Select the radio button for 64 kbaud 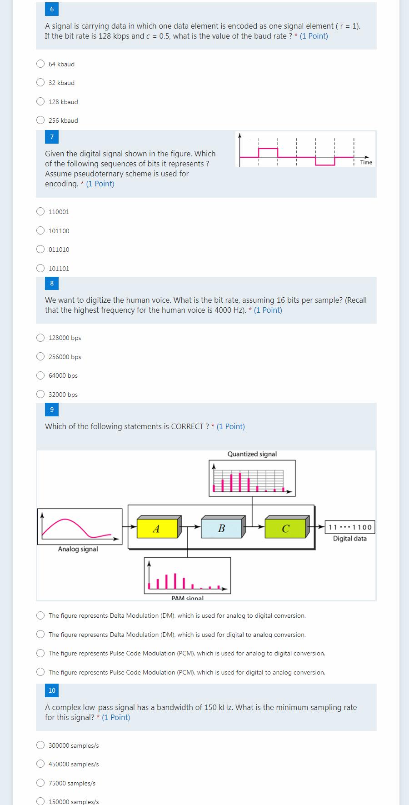pos(40,64)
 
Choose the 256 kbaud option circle pos(40,120)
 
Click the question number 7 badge pos(52,137)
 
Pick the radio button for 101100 pos(40,231)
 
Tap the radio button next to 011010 pos(40,250)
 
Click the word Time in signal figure pos(366,162)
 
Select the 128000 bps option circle pos(40,338)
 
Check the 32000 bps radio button pos(40,395)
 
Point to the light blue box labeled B pos(222,528)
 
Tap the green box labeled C pos(285,529)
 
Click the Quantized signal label pos(252,454)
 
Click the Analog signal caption pos(78,549)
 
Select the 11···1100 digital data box pos(350,527)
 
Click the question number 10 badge pos(52,690)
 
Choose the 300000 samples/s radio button pos(40,745)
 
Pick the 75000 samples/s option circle pos(40,783)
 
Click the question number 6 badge pos(52,9)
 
